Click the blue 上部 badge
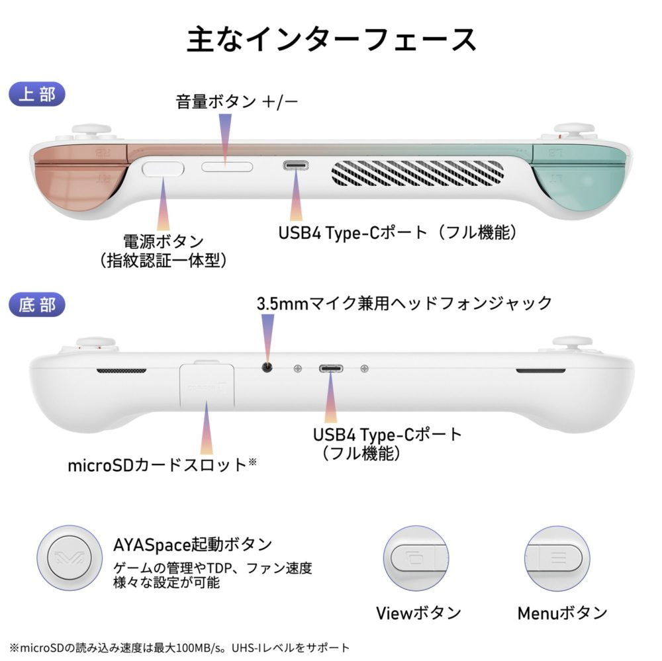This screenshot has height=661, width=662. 36,94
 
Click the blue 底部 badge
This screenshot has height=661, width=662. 36,304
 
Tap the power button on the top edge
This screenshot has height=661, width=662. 163,169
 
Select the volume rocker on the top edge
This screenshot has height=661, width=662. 227,167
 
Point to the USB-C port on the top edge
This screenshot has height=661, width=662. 295,165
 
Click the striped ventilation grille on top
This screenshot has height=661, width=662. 418,173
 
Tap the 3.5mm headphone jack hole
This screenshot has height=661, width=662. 267,367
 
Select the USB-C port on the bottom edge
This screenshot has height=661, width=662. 331,369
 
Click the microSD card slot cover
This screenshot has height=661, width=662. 207,385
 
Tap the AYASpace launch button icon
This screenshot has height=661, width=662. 70,558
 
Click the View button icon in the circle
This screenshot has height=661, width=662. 416,558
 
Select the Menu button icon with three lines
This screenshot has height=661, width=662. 557,558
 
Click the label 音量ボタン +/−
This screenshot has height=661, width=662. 237,102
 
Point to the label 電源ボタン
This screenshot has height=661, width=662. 164,242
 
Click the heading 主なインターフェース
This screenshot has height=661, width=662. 332,39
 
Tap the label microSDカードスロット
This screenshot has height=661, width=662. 157,464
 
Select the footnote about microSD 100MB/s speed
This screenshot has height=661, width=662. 179,647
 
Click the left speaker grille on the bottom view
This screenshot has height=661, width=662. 122,371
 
